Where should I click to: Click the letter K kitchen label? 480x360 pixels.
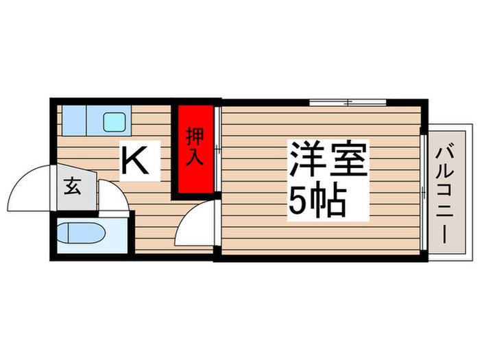pos(141,162)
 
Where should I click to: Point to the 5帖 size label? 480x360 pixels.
pos(316,201)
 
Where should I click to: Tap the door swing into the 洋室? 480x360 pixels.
pos(195,223)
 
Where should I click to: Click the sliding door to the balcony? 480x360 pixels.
pos(425,192)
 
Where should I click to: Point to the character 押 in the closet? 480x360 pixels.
pos(194,136)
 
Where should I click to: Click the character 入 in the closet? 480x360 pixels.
pos(194,158)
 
